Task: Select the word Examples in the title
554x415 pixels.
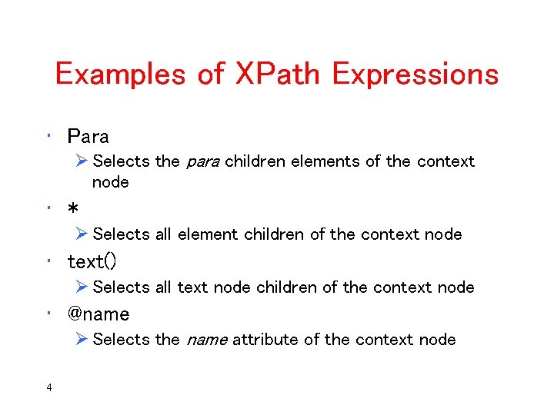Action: (115, 75)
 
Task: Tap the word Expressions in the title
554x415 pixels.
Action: (415, 75)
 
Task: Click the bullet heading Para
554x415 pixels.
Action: (88, 137)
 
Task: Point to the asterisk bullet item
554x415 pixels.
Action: (73, 210)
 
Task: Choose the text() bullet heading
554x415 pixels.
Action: (92, 262)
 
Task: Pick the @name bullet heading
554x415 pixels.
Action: (98, 314)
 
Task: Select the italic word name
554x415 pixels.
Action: (205, 340)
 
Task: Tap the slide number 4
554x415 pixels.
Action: (49, 387)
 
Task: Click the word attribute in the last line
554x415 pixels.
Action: (266, 340)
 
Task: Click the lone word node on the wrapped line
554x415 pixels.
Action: (111, 183)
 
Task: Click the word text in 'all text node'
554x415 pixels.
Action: (193, 287)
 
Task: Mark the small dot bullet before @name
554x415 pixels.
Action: (48, 314)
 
